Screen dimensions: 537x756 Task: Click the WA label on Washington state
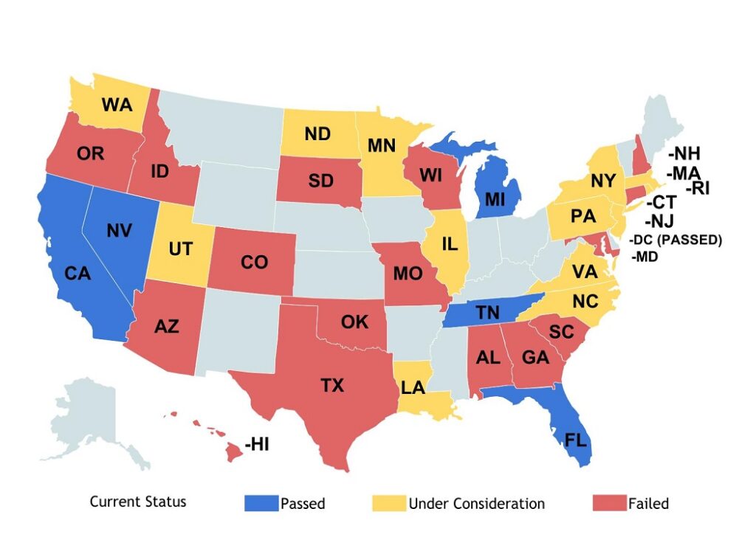[117, 104]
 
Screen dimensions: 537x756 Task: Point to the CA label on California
[78, 274]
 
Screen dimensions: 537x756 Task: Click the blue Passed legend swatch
[261, 503]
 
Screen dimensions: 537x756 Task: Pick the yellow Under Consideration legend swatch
[388, 503]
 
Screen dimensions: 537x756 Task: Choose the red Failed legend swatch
[609, 503]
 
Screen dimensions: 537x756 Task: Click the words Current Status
[138, 502]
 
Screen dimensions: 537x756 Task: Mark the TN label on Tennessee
[487, 312]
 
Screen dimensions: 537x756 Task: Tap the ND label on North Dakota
[317, 134]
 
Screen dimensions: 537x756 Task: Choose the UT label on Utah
[181, 249]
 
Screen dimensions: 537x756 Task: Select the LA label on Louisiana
[413, 387]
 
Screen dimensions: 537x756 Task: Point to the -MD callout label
[645, 257]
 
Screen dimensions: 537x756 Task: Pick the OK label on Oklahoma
[354, 322]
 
